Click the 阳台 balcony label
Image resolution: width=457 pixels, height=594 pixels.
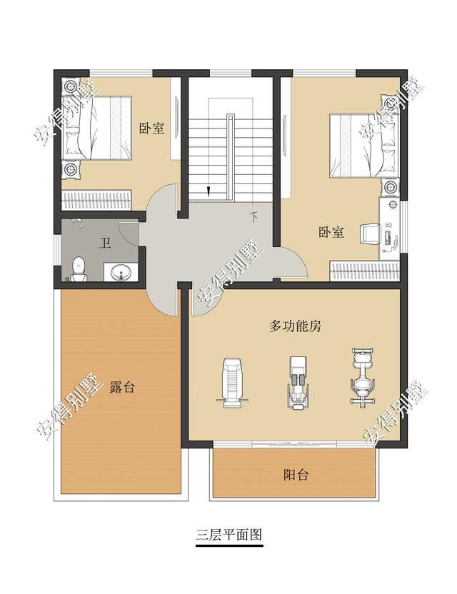pyautogui.click(x=296, y=475)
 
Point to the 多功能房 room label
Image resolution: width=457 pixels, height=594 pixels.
pyautogui.click(x=296, y=326)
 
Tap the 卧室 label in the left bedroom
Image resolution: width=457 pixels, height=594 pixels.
pyautogui.click(x=151, y=129)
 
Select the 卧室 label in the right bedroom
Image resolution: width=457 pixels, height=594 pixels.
pyautogui.click(x=331, y=232)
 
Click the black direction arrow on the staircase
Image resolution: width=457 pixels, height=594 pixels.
pyautogui.click(x=208, y=191)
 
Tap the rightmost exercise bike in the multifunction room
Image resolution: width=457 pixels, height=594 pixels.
pyautogui.click(x=362, y=377)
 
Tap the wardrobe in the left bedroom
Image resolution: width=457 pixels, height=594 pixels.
pyautogui.click(x=97, y=199)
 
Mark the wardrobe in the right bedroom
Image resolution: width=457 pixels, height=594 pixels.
pyautogui.click(x=364, y=271)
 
